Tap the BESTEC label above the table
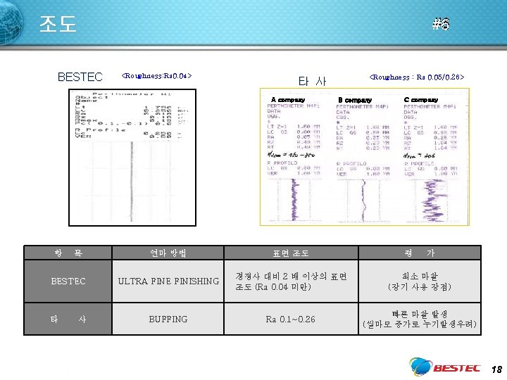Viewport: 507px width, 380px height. (x=80, y=77)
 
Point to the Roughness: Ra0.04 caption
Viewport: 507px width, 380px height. (x=156, y=75)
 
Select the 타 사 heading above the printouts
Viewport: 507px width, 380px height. (x=312, y=81)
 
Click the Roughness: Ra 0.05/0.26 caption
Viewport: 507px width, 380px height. (x=417, y=76)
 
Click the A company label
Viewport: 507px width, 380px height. (x=288, y=100)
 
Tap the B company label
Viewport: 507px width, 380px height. (x=355, y=100)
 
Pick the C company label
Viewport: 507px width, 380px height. (x=421, y=100)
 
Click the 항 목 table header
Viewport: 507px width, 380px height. (x=68, y=253)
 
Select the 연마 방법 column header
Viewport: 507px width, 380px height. (x=168, y=253)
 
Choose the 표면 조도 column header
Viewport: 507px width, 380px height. (x=291, y=253)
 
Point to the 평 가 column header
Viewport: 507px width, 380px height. (x=420, y=253)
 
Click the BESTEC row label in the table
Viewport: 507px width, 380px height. (x=68, y=281)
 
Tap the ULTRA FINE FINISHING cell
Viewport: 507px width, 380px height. (x=168, y=281)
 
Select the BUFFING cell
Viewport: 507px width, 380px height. (x=168, y=319)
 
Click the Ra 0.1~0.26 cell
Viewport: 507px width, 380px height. (x=291, y=319)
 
